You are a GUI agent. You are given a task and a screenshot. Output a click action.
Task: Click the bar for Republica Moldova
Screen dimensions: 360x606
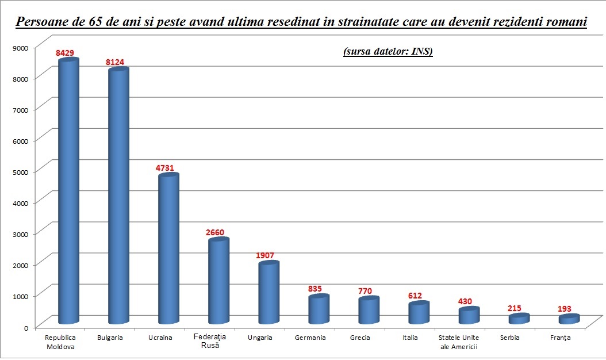69,190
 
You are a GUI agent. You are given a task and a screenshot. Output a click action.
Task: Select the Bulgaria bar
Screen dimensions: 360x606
119,196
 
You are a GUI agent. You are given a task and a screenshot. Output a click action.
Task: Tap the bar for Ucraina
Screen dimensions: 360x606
168,247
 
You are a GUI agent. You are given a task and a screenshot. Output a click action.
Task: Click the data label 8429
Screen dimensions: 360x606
65,53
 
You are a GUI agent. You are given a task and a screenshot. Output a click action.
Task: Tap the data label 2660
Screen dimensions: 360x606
215,232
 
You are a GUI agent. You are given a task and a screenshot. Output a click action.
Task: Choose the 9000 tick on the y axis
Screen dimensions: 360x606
20,47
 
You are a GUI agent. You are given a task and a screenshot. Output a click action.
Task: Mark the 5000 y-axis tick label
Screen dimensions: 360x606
20,171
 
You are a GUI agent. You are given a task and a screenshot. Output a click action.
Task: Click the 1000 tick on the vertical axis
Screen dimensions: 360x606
20,296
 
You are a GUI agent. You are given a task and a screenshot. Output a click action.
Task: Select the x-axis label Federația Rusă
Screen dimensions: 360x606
210,341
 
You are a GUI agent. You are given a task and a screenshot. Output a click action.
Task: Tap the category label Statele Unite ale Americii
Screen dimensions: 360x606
459,342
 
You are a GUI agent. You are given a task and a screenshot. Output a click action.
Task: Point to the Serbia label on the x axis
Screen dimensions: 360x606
510,338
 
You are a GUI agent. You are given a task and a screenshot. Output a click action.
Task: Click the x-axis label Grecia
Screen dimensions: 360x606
360,338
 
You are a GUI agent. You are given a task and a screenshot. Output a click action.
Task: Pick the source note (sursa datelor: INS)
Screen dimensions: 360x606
388,52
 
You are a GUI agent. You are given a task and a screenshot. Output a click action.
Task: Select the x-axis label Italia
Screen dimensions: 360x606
410,338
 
